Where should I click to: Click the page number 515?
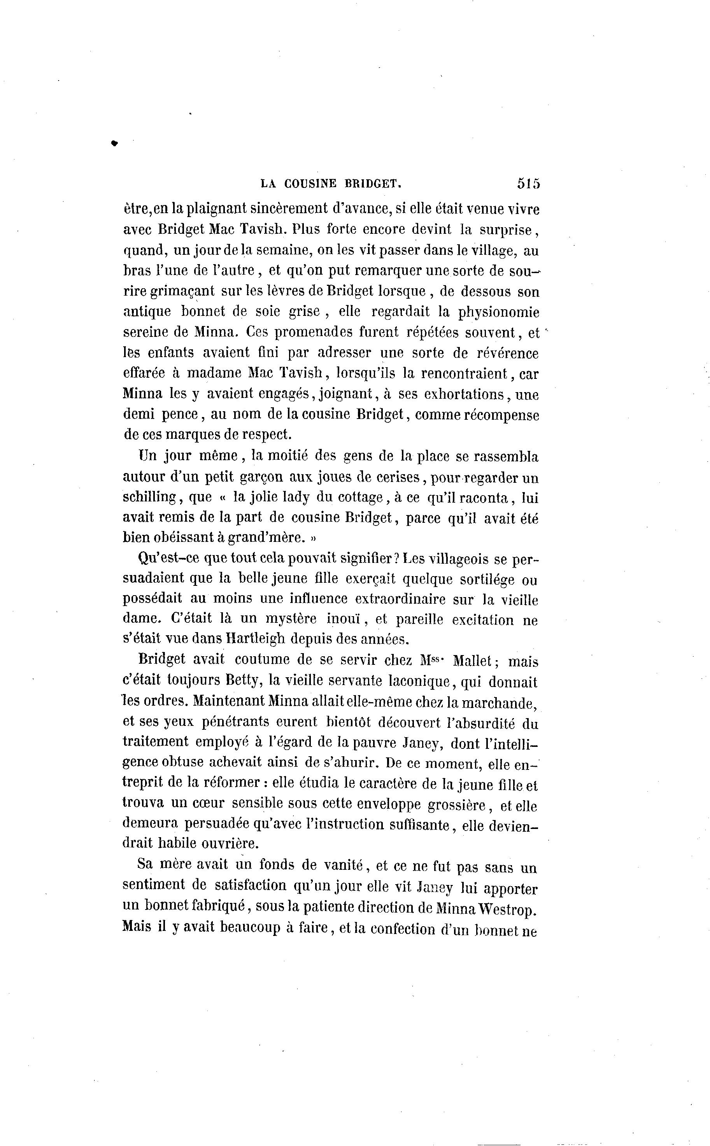[528, 183]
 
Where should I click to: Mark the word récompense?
[502, 415]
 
